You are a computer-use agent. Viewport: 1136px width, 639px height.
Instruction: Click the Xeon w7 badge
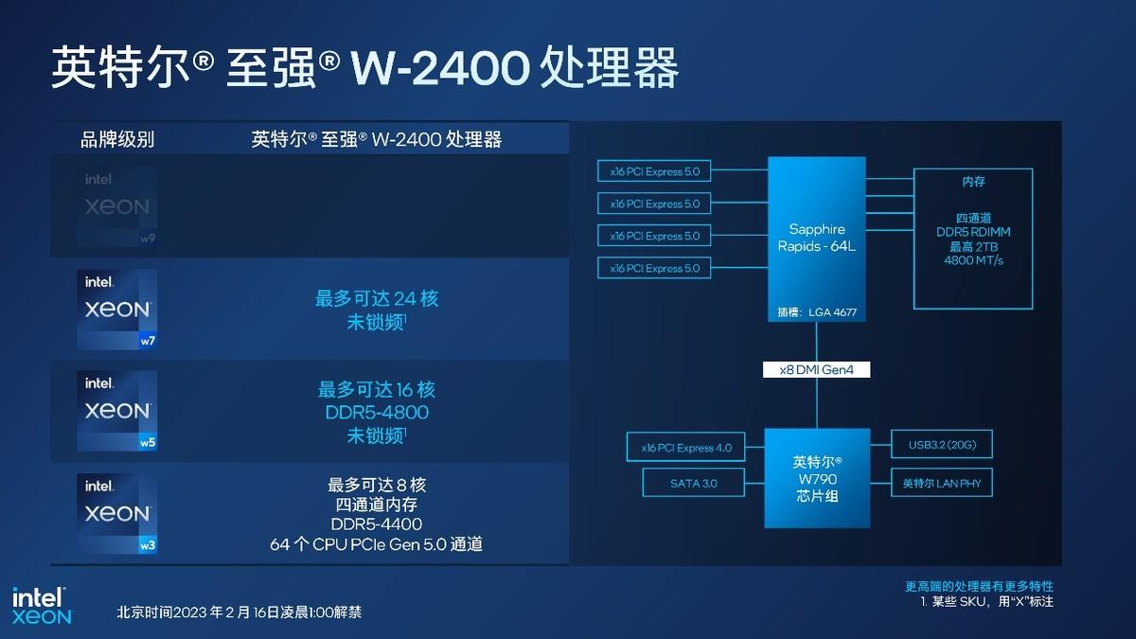tap(117, 310)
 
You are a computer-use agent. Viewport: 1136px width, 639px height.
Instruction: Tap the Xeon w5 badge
tap(117, 411)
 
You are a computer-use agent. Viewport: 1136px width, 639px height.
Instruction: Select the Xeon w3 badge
tap(117, 514)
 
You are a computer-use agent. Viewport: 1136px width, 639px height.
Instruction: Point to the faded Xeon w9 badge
tap(117, 207)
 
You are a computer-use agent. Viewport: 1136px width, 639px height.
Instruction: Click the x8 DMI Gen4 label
tap(816, 370)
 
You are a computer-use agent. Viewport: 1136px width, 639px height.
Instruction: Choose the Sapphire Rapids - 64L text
tap(816, 238)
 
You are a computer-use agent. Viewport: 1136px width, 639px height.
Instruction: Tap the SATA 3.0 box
tap(693, 483)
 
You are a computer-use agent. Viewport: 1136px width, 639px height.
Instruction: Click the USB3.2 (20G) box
tap(942, 444)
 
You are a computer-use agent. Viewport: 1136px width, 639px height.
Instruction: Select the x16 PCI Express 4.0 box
tap(685, 447)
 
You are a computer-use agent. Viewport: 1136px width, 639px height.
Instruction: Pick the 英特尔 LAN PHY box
tap(942, 483)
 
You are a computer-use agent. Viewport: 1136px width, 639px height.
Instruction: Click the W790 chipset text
tap(817, 479)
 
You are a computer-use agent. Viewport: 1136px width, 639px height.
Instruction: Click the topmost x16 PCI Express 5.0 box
tap(654, 171)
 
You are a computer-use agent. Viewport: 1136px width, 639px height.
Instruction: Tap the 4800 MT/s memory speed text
tap(974, 260)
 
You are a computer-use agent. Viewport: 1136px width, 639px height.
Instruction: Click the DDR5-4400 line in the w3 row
tap(377, 524)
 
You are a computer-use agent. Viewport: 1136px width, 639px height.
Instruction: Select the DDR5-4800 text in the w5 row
tap(377, 413)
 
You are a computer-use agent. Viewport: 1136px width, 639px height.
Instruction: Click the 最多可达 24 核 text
tap(377, 298)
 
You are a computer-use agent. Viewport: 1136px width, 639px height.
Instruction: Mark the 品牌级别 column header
tap(117, 139)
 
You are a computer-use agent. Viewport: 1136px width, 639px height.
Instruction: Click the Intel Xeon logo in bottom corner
tap(42, 606)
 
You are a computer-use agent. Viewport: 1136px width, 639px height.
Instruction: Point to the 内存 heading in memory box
tap(974, 181)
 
